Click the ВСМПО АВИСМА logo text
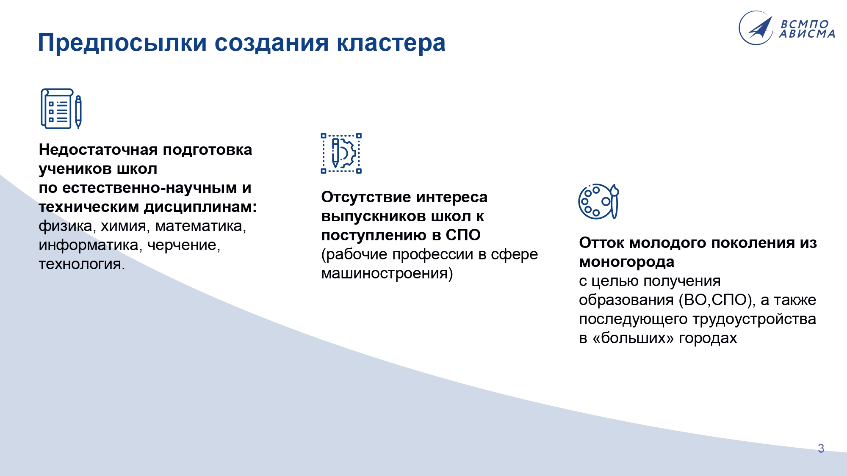(808, 29)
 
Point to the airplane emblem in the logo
(756, 28)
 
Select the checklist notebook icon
(57, 108)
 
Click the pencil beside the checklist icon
(78, 112)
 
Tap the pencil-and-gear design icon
(341, 154)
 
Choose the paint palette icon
(598, 201)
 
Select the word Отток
(601, 243)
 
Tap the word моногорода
(627, 262)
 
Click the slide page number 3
(821, 448)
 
